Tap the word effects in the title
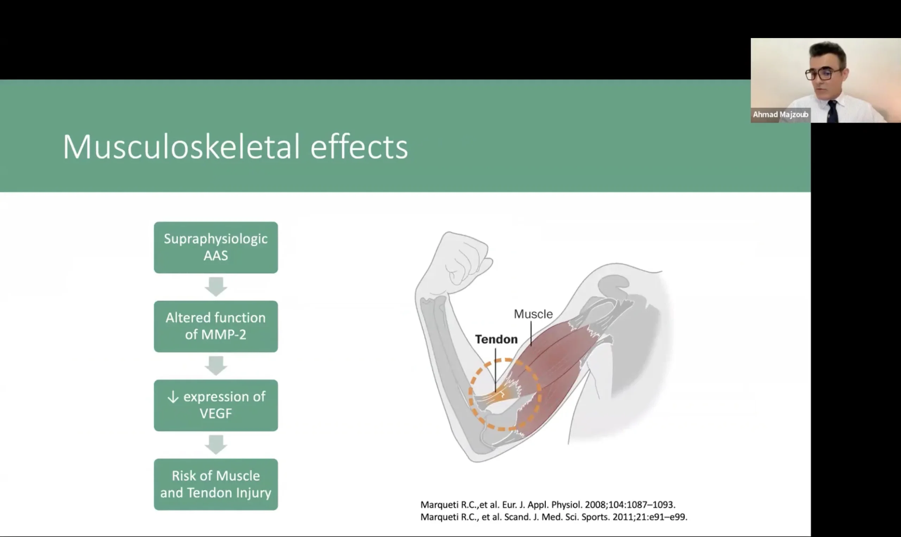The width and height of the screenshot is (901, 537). pos(359,146)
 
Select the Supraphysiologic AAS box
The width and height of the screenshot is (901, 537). pos(216,247)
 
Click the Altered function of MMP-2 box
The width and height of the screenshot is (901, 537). pos(216,326)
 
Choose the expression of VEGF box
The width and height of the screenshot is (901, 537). pos(216,405)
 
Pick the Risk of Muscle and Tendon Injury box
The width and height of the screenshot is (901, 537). pos(216,484)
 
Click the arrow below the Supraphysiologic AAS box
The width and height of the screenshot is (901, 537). pos(216,287)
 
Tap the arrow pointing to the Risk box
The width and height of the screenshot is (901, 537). pos(216,445)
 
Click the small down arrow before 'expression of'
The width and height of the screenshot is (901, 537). pos(173,397)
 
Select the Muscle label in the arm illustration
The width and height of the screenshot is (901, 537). pos(533,314)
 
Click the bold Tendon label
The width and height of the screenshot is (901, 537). pos(496,339)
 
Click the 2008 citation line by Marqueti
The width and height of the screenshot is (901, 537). pos(548,505)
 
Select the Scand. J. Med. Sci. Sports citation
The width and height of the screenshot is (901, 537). pos(554,517)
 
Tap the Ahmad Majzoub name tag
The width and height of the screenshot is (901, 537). pos(781,115)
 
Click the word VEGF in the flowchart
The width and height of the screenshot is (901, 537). pos(216,414)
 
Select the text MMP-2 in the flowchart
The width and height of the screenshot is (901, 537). pos(223,335)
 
